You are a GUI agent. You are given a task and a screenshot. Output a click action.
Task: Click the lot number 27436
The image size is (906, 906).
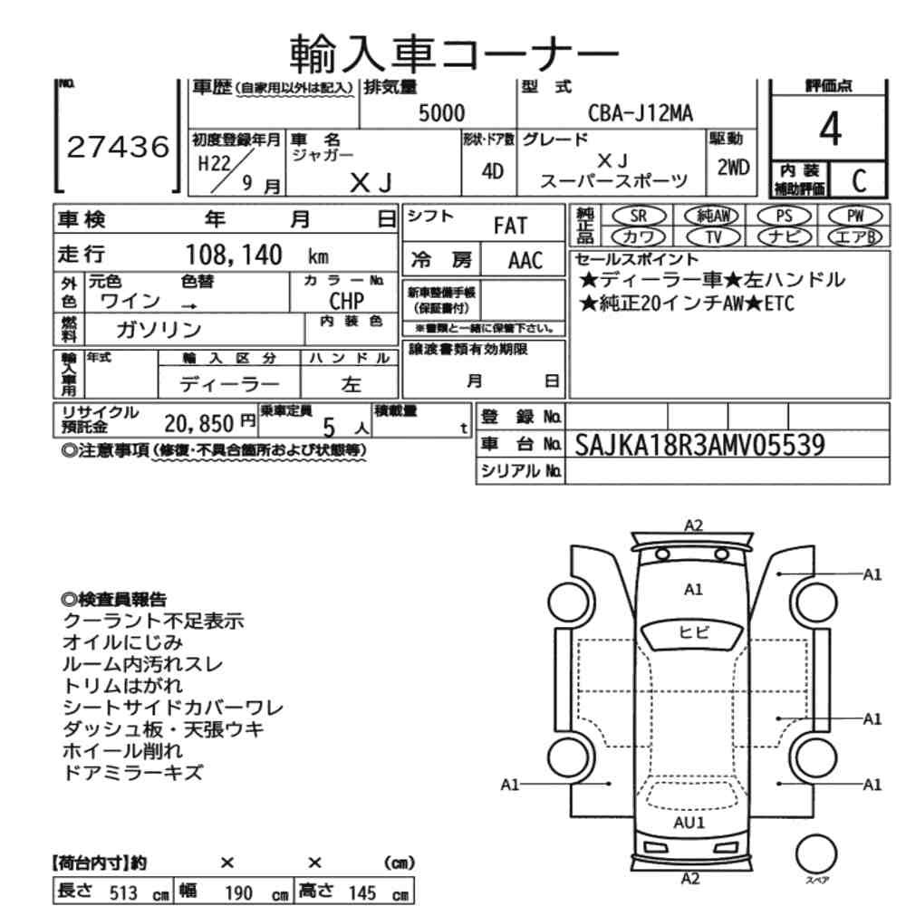click(118, 147)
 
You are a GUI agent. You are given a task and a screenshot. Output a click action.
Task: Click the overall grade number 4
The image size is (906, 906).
click(830, 129)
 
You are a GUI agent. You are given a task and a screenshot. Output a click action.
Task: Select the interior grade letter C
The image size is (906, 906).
click(859, 180)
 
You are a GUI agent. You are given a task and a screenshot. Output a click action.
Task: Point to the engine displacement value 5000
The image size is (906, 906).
click(441, 112)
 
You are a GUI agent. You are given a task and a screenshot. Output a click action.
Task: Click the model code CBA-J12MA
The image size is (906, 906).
click(641, 112)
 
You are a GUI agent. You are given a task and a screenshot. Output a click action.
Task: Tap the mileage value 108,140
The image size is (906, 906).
click(234, 255)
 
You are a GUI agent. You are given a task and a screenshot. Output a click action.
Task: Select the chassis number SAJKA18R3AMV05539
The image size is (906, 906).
click(699, 445)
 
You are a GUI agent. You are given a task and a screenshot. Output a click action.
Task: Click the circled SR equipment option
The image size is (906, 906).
click(639, 217)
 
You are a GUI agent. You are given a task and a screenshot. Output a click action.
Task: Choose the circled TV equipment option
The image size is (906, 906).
click(714, 236)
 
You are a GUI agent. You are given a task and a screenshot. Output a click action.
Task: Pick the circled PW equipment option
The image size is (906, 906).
click(855, 217)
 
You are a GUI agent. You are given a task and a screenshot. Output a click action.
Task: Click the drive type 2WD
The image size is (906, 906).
click(733, 168)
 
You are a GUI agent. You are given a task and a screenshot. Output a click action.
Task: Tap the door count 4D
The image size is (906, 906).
click(492, 171)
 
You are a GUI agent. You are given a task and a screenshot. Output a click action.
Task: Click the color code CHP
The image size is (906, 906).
click(347, 301)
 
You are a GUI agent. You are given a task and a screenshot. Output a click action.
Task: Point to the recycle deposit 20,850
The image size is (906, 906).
click(198, 424)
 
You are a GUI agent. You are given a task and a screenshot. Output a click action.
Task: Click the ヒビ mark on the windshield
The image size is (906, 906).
click(693, 632)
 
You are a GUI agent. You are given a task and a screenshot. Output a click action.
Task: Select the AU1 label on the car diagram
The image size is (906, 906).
click(689, 823)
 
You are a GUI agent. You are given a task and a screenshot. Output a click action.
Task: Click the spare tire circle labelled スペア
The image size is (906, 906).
click(816, 853)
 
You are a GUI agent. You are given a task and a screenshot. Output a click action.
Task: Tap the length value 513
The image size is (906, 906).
click(123, 892)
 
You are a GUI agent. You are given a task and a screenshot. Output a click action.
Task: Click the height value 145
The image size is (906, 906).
click(362, 892)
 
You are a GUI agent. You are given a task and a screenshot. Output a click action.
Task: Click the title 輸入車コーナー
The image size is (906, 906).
click(454, 53)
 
